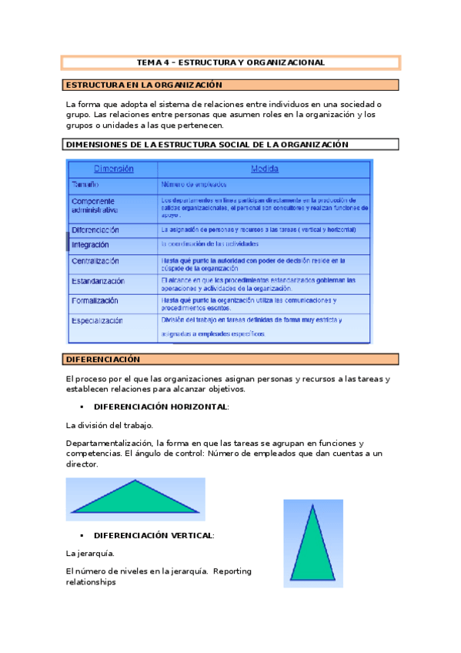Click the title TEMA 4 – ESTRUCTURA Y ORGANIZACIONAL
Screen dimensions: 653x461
230,62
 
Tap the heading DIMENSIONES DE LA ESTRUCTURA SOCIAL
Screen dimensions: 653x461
208,144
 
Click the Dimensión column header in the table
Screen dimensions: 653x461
113,169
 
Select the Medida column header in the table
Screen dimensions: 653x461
264,169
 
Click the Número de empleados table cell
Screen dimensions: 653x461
193,185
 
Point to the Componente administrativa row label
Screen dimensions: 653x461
95,205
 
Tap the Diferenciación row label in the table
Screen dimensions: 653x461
95,229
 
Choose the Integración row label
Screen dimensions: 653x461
90,244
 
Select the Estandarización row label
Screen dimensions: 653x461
98,281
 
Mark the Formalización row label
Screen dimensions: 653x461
95,300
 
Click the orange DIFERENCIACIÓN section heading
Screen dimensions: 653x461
103,359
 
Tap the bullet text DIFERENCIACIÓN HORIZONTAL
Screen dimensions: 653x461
161,406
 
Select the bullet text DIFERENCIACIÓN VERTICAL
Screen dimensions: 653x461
154,534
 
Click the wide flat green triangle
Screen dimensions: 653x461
135,498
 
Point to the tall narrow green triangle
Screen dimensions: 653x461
312,548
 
